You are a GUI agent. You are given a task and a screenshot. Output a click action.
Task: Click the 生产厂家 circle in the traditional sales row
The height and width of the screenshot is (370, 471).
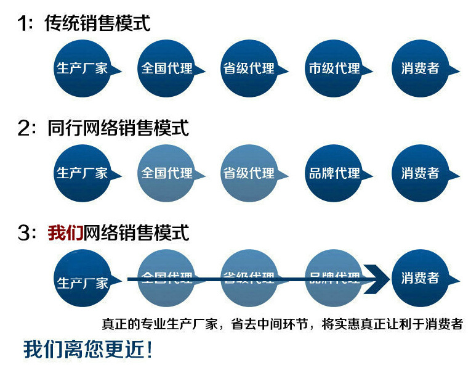82,68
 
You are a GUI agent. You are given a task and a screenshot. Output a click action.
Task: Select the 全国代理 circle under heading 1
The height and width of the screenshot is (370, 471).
167,68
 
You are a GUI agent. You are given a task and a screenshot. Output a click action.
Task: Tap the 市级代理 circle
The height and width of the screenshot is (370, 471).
334,68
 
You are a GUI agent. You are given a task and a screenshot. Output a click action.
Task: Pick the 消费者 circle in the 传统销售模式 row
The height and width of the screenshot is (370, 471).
420,68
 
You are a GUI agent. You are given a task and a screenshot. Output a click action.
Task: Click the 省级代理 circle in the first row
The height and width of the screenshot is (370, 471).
249,68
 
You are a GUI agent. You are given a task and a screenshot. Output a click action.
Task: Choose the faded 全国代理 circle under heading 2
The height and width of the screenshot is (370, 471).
167,173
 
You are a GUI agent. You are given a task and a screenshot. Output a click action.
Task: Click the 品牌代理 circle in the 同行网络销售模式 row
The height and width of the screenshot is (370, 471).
334,173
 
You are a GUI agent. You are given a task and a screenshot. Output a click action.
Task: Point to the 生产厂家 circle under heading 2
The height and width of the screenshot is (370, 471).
82,173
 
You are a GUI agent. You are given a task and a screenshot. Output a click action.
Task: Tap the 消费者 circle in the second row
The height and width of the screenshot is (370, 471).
420,173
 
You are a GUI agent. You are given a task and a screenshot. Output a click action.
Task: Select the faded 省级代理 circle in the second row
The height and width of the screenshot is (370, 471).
249,173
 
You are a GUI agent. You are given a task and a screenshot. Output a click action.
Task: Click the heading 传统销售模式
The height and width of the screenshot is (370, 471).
97,23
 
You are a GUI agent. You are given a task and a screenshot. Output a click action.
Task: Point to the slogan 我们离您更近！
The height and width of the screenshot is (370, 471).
87,350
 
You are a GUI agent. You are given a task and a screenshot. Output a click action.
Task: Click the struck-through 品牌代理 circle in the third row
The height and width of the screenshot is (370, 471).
334,277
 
